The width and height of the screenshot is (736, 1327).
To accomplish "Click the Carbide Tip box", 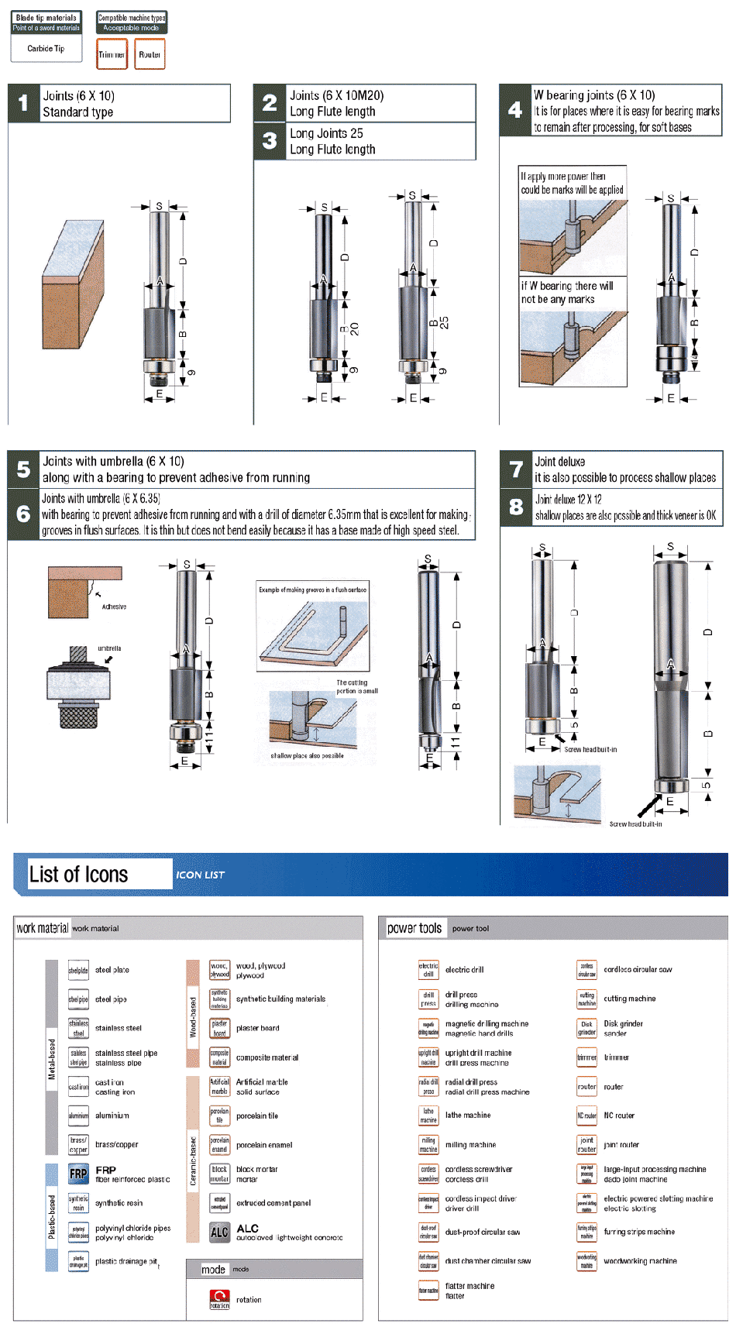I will point(46,49).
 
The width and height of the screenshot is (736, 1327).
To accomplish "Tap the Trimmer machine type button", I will point(112,54).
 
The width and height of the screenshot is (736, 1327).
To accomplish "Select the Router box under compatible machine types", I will point(150,54).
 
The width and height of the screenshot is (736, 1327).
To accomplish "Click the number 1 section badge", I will point(23,103).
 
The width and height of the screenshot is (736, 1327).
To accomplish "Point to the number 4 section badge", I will point(515,110).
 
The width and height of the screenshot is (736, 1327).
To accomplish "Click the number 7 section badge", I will point(516,469).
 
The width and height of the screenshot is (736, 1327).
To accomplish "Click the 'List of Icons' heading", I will point(79,875).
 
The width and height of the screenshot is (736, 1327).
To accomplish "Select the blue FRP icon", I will point(78,1174).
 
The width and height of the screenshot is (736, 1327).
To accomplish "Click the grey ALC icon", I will point(220,1232).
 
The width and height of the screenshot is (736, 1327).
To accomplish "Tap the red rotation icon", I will point(220,1299).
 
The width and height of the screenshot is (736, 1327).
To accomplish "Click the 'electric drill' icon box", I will point(428,970).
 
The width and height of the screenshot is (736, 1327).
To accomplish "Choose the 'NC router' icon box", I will point(587,1116).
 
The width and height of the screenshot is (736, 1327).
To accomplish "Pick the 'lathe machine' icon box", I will point(428,1116).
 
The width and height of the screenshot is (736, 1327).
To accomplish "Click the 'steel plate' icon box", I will point(78,970).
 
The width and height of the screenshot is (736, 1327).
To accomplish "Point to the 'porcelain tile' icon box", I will point(220,1116).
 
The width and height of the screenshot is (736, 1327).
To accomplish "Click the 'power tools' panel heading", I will point(414,928).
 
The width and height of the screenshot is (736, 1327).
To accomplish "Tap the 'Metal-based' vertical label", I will point(52,1059).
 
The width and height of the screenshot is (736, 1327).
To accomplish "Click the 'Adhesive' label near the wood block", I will point(114,607).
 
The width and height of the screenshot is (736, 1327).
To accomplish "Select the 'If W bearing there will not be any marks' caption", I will point(567,292).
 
